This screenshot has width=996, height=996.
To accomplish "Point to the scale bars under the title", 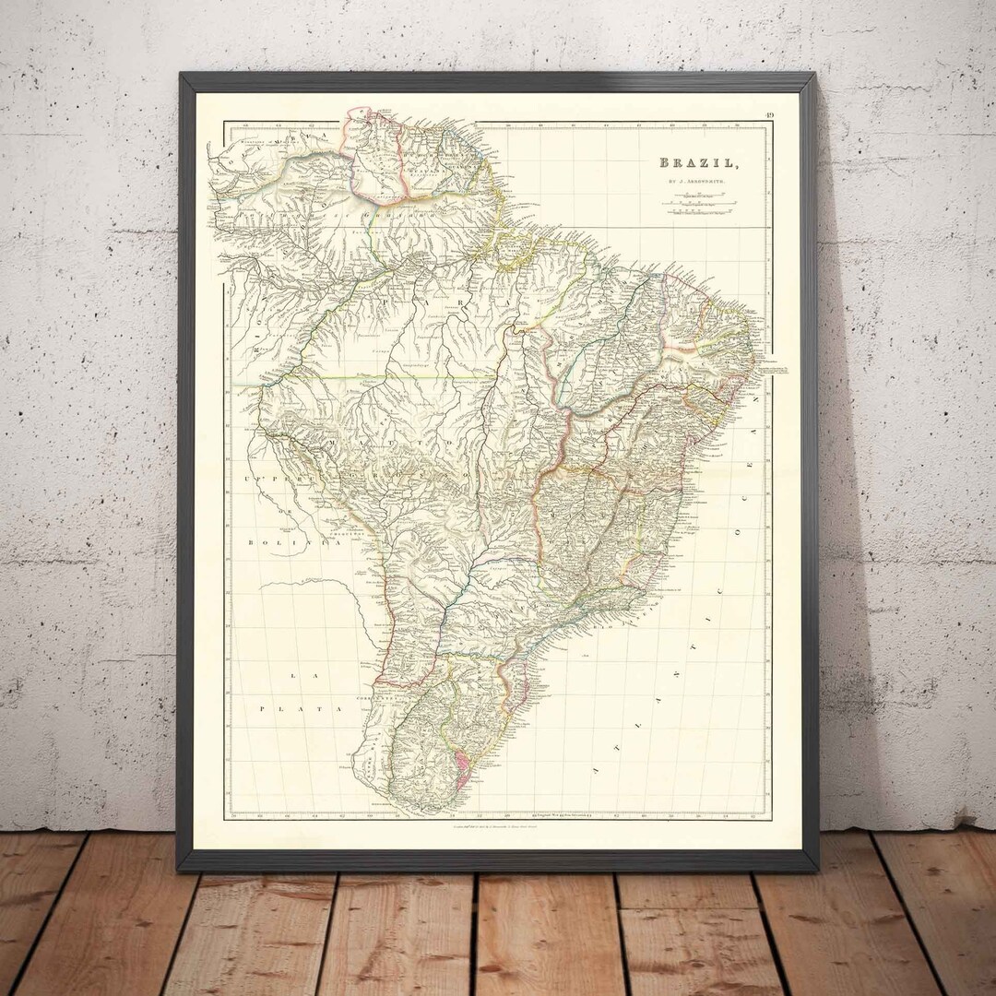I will pyautogui.click(x=697, y=204).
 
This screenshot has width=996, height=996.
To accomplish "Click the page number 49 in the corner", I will pyautogui.click(x=768, y=115).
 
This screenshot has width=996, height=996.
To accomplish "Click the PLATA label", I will pyautogui.click(x=300, y=708).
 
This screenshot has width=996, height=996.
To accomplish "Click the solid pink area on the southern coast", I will pyautogui.click(x=457, y=762).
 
